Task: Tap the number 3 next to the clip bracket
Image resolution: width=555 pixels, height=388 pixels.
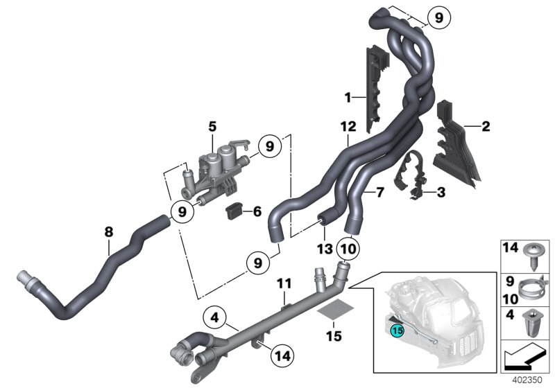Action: click(x=441, y=191)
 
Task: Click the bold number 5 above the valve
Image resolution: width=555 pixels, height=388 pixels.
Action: click(x=212, y=126)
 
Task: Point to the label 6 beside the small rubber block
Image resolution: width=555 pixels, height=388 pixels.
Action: click(x=258, y=211)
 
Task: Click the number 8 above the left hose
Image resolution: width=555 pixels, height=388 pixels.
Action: click(x=108, y=233)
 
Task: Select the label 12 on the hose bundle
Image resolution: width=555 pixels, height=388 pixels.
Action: click(x=348, y=126)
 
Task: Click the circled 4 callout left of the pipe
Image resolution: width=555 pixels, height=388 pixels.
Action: click(x=215, y=319)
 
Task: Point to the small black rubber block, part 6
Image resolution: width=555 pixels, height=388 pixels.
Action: click(x=234, y=209)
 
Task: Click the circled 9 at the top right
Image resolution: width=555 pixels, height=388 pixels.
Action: click(x=438, y=19)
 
